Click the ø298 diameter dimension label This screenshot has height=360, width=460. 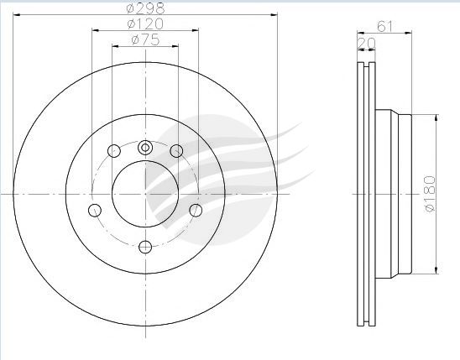click(145, 8)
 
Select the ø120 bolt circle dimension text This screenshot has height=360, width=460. click(145, 24)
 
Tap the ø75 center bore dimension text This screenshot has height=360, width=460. click(145, 40)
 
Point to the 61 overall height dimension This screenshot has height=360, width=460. click(384, 26)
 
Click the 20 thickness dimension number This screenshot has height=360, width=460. click(366, 44)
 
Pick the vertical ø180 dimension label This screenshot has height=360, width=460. click(430, 194)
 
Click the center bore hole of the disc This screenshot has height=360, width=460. click(145, 194)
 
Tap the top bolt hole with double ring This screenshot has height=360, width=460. click(145, 148)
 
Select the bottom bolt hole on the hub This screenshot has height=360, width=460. click(145, 247)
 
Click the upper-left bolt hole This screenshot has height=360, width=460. click(114, 151)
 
